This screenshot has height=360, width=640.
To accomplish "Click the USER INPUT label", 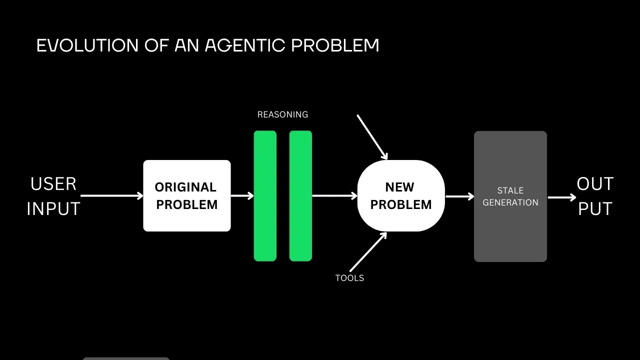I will pyautogui.click(x=53, y=196).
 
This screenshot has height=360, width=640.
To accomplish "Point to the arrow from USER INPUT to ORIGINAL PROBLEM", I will pyautogui.click(x=111, y=196).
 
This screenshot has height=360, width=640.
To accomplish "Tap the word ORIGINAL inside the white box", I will pyautogui.click(x=185, y=187).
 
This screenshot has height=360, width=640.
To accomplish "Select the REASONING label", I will pyautogui.click(x=282, y=114).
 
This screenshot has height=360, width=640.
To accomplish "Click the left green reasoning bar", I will pyautogui.click(x=265, y=196).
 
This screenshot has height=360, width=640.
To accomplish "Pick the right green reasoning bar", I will pyautogui.click(x=300, y=196).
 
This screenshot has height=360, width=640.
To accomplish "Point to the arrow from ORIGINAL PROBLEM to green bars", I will pyautogui.click(x=242, y=196).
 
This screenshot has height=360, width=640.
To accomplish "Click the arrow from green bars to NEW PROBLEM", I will pyautogui.click(x=334, y=196).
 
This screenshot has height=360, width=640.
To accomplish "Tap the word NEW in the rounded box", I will pyautogui.click(x=399, y=187).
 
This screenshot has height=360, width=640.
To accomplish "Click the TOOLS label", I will pyautogui.click(x=349, y=278).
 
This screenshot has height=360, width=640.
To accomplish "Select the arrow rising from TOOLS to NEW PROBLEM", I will pyautogui.click(x=368, y=252).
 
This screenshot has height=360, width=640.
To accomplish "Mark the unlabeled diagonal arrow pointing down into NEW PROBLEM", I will pyautogui.click(x=372, y=136).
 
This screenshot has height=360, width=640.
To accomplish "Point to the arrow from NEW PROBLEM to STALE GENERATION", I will pyautogui.click(x=459, y=196).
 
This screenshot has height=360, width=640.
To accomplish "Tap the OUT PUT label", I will pyautogui.click(x=595, y=196).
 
